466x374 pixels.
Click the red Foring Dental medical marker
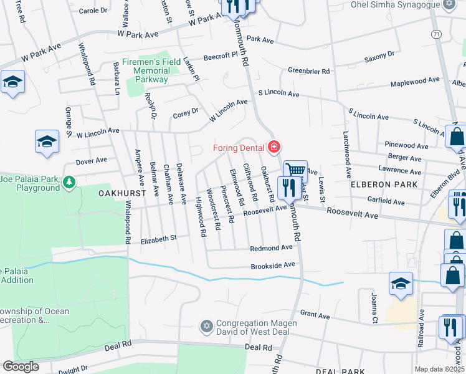pos(273,147)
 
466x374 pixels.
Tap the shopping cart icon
pos(296,170)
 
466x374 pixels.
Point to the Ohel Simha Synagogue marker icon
pos(449,4)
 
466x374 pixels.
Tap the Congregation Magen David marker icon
pos(207,326)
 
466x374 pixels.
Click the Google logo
pos(21,367)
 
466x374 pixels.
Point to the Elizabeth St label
pos(158,237)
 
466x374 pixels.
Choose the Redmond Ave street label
pos(271,247)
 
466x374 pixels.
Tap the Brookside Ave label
pos(272,266)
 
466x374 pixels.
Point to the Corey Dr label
pos(185,113)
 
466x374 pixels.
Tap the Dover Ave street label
pos(92,161)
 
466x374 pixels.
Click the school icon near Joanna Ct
pos(401,284)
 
